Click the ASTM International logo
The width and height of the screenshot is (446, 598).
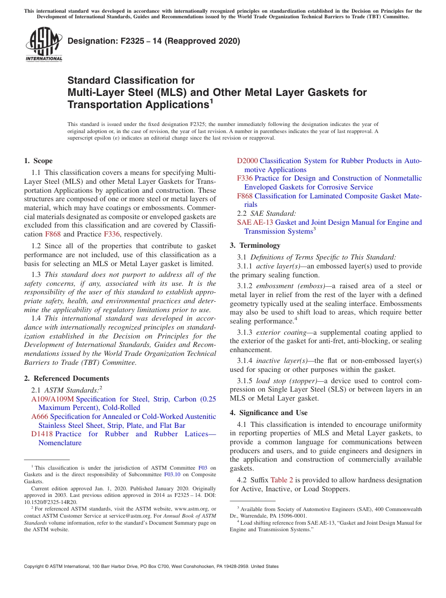(x=44, y=44)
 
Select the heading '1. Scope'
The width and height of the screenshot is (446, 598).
(x=38, y=161)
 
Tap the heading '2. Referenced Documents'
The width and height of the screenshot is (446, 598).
(x=67, y=378)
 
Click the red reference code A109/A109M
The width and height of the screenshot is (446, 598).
(x=53, y=399)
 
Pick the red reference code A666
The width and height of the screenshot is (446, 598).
(x=39, y=417)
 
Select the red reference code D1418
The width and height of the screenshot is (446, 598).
(x=42, y=434)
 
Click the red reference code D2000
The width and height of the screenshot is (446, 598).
(x=247, y=161)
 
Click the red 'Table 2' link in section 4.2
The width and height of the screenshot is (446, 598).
(x=282, y=480)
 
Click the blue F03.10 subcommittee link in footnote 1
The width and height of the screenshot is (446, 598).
(x=171, y=474)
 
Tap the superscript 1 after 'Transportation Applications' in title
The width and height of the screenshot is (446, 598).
(x=211, y=101)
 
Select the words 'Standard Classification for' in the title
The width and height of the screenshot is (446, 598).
(x=131, y=80)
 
